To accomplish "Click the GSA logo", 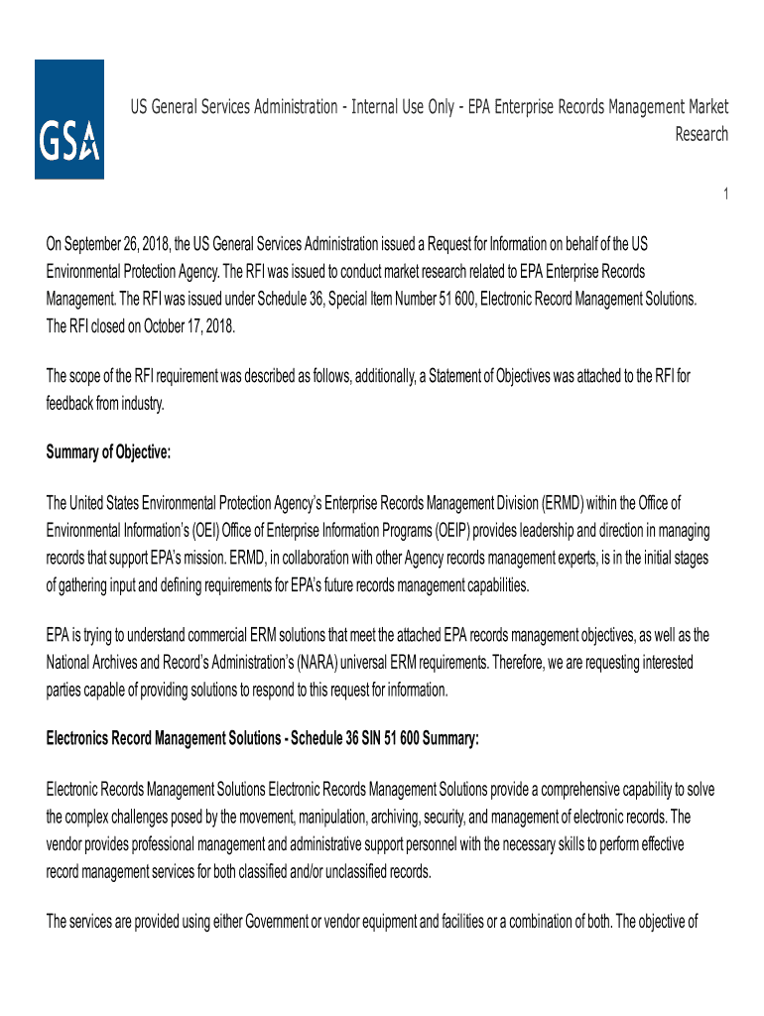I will (69, 119).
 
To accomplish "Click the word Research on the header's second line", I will (701, 134).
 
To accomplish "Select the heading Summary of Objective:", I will (109, 452).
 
